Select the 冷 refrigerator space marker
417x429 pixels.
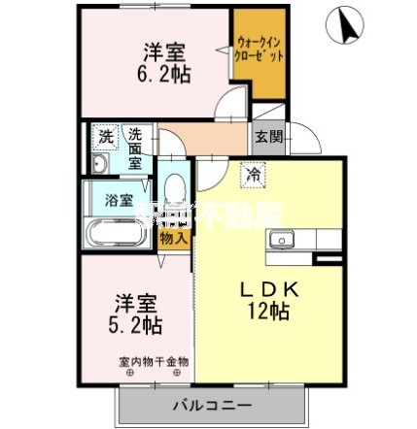[252, 175]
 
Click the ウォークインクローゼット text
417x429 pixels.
[260, 49]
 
